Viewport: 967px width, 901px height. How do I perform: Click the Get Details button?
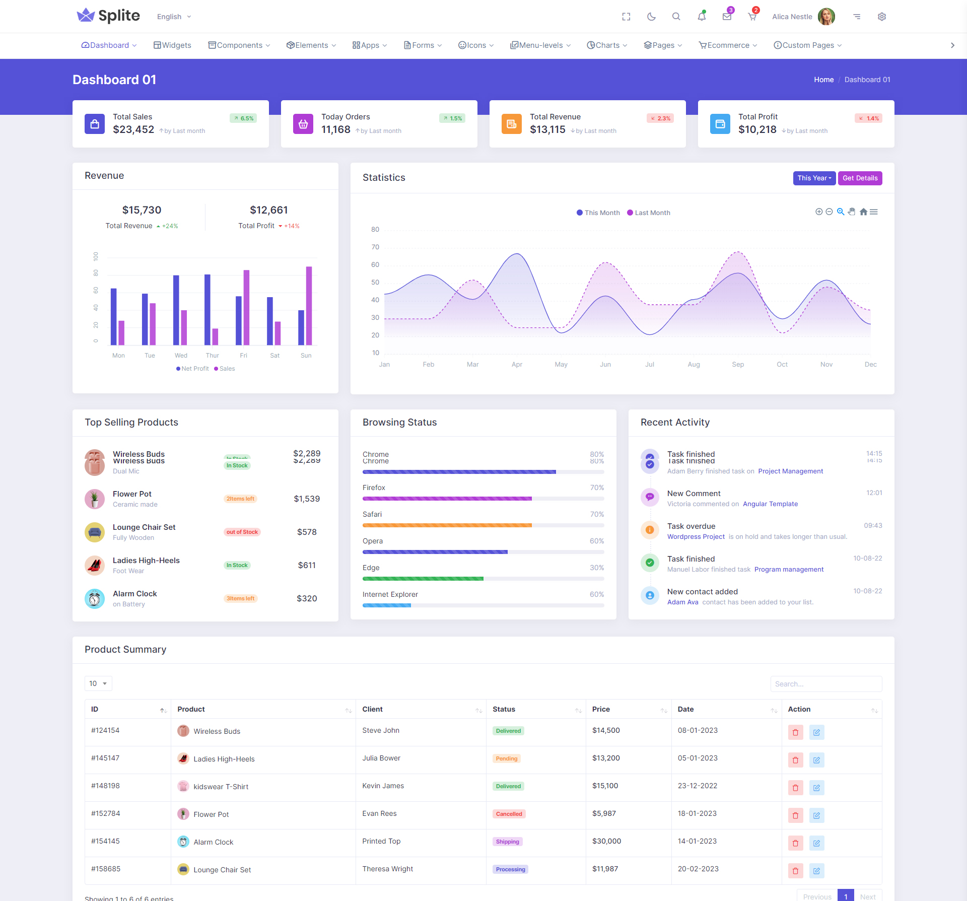860,178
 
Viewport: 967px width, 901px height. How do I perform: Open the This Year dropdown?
814,178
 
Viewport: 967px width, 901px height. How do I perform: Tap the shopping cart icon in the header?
752,17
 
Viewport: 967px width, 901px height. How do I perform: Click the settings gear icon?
881,17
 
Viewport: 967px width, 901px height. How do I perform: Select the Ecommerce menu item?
728,45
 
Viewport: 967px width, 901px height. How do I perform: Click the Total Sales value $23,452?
133,130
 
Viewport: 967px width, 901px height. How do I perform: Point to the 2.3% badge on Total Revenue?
660,118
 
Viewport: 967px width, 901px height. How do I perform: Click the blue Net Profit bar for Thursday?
207,309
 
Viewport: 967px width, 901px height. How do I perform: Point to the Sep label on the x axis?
738,365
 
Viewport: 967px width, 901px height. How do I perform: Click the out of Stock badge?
242,532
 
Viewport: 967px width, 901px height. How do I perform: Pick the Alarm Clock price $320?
307,599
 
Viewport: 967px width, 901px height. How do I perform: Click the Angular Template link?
770,504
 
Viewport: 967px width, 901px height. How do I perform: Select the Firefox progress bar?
483,499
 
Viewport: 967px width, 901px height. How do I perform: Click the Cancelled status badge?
509,814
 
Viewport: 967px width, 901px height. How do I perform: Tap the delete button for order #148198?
795,788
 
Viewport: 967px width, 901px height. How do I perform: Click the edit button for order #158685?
816,871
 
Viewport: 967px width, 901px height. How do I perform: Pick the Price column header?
601,710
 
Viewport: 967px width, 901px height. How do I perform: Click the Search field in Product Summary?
826,684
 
